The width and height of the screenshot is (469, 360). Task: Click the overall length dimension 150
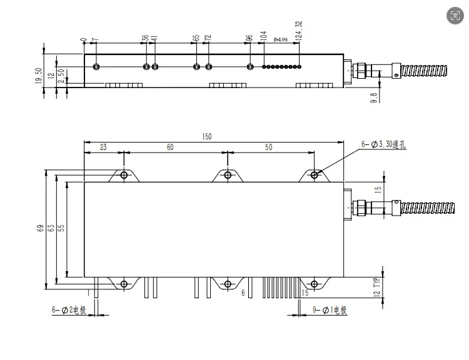[207, 136]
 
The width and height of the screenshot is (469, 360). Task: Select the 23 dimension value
[103, 147]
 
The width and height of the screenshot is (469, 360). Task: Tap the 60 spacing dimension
[169, 147]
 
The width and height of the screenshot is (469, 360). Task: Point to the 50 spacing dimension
[269, 147]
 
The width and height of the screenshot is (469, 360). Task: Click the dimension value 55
[61, 229]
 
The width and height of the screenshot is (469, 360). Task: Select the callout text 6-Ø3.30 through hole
[383, 144]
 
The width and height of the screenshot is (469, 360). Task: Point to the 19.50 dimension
[39, 76]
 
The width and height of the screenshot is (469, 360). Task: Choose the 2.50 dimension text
[61, 76]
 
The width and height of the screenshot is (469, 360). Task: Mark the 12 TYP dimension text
[376, 287]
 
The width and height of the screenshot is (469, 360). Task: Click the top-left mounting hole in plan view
[124, 176]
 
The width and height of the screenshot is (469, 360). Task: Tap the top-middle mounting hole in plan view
[228, 176]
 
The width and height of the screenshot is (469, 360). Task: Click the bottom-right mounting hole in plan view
[315, 284]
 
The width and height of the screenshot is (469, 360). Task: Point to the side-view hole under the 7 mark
[96, 67]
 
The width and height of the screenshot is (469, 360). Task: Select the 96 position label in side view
[249, 39]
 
